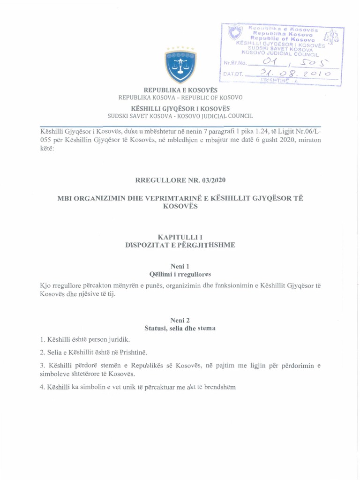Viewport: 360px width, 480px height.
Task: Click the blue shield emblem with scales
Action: tap(180, 65)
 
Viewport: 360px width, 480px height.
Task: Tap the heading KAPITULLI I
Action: tap(180, 237)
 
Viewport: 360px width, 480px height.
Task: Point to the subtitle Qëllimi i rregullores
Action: tap(180, 274)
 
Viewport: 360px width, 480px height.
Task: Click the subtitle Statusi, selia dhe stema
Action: tap(180, 328)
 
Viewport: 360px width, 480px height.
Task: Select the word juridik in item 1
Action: tap(117, 339)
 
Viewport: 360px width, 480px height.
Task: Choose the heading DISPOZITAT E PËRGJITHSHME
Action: tap(180, 244)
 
